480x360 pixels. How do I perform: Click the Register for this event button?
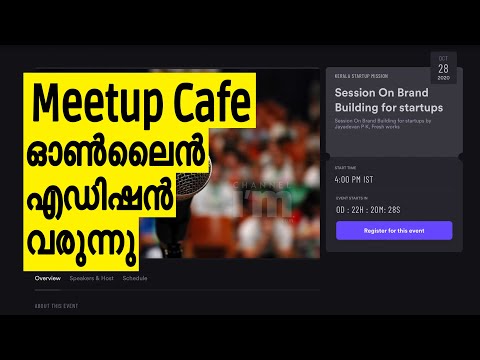[x=393, y=230]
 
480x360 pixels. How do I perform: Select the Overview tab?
[x=48, y=277]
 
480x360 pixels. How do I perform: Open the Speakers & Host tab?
[x=92, y=277]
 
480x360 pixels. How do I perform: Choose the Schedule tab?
[x=135, y=277]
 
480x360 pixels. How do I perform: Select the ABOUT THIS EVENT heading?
[x=56, y=305]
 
